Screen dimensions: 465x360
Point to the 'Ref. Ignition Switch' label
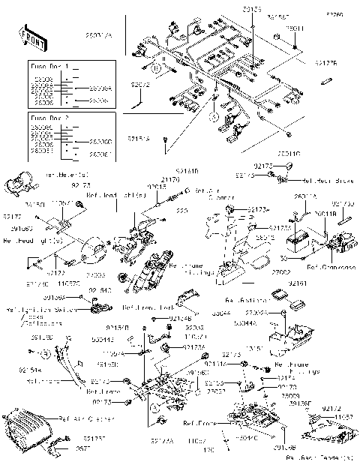pos(32,308)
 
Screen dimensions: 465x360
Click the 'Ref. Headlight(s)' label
pos(28,241)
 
